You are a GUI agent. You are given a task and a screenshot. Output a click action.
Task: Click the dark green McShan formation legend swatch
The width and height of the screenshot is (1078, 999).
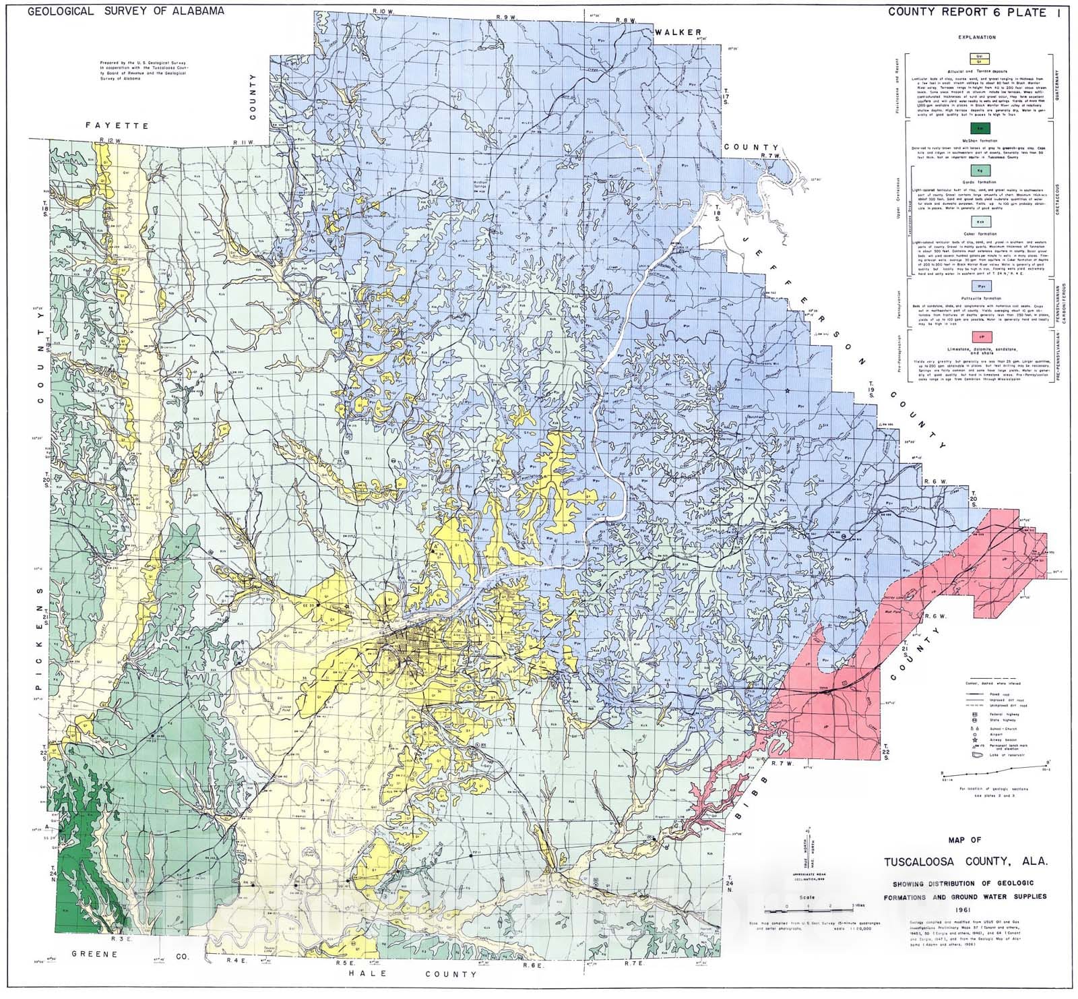pos(975,128)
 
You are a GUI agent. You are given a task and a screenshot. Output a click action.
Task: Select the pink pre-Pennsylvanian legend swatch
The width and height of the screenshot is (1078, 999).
pos(975,334)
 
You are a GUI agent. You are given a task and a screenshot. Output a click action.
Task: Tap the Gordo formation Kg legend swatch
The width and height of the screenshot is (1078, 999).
pos(975,173)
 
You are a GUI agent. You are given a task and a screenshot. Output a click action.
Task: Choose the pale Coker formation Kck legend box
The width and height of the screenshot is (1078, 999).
pos(975,221)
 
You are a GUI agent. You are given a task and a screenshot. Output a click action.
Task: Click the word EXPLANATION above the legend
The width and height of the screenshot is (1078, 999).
pos(975,38)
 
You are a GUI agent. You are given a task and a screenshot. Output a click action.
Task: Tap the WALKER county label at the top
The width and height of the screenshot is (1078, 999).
pos(681,32)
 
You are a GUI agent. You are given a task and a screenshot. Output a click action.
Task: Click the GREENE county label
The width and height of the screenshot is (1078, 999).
pos(95,954)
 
